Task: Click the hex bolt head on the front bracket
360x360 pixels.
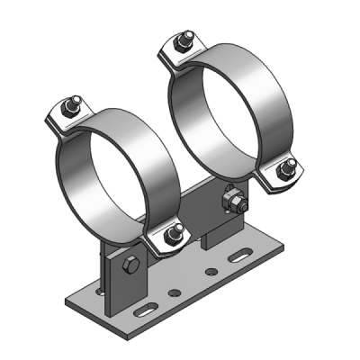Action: click(x=127, y=265)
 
